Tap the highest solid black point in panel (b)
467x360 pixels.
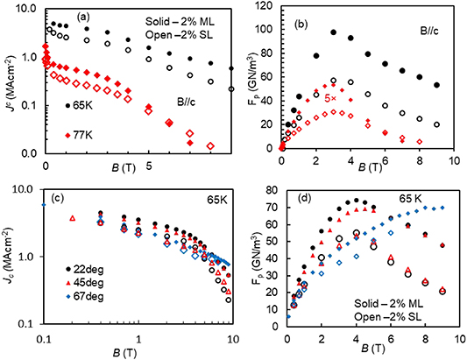tap(334, 32)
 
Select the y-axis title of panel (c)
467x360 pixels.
tap(11, 255)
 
